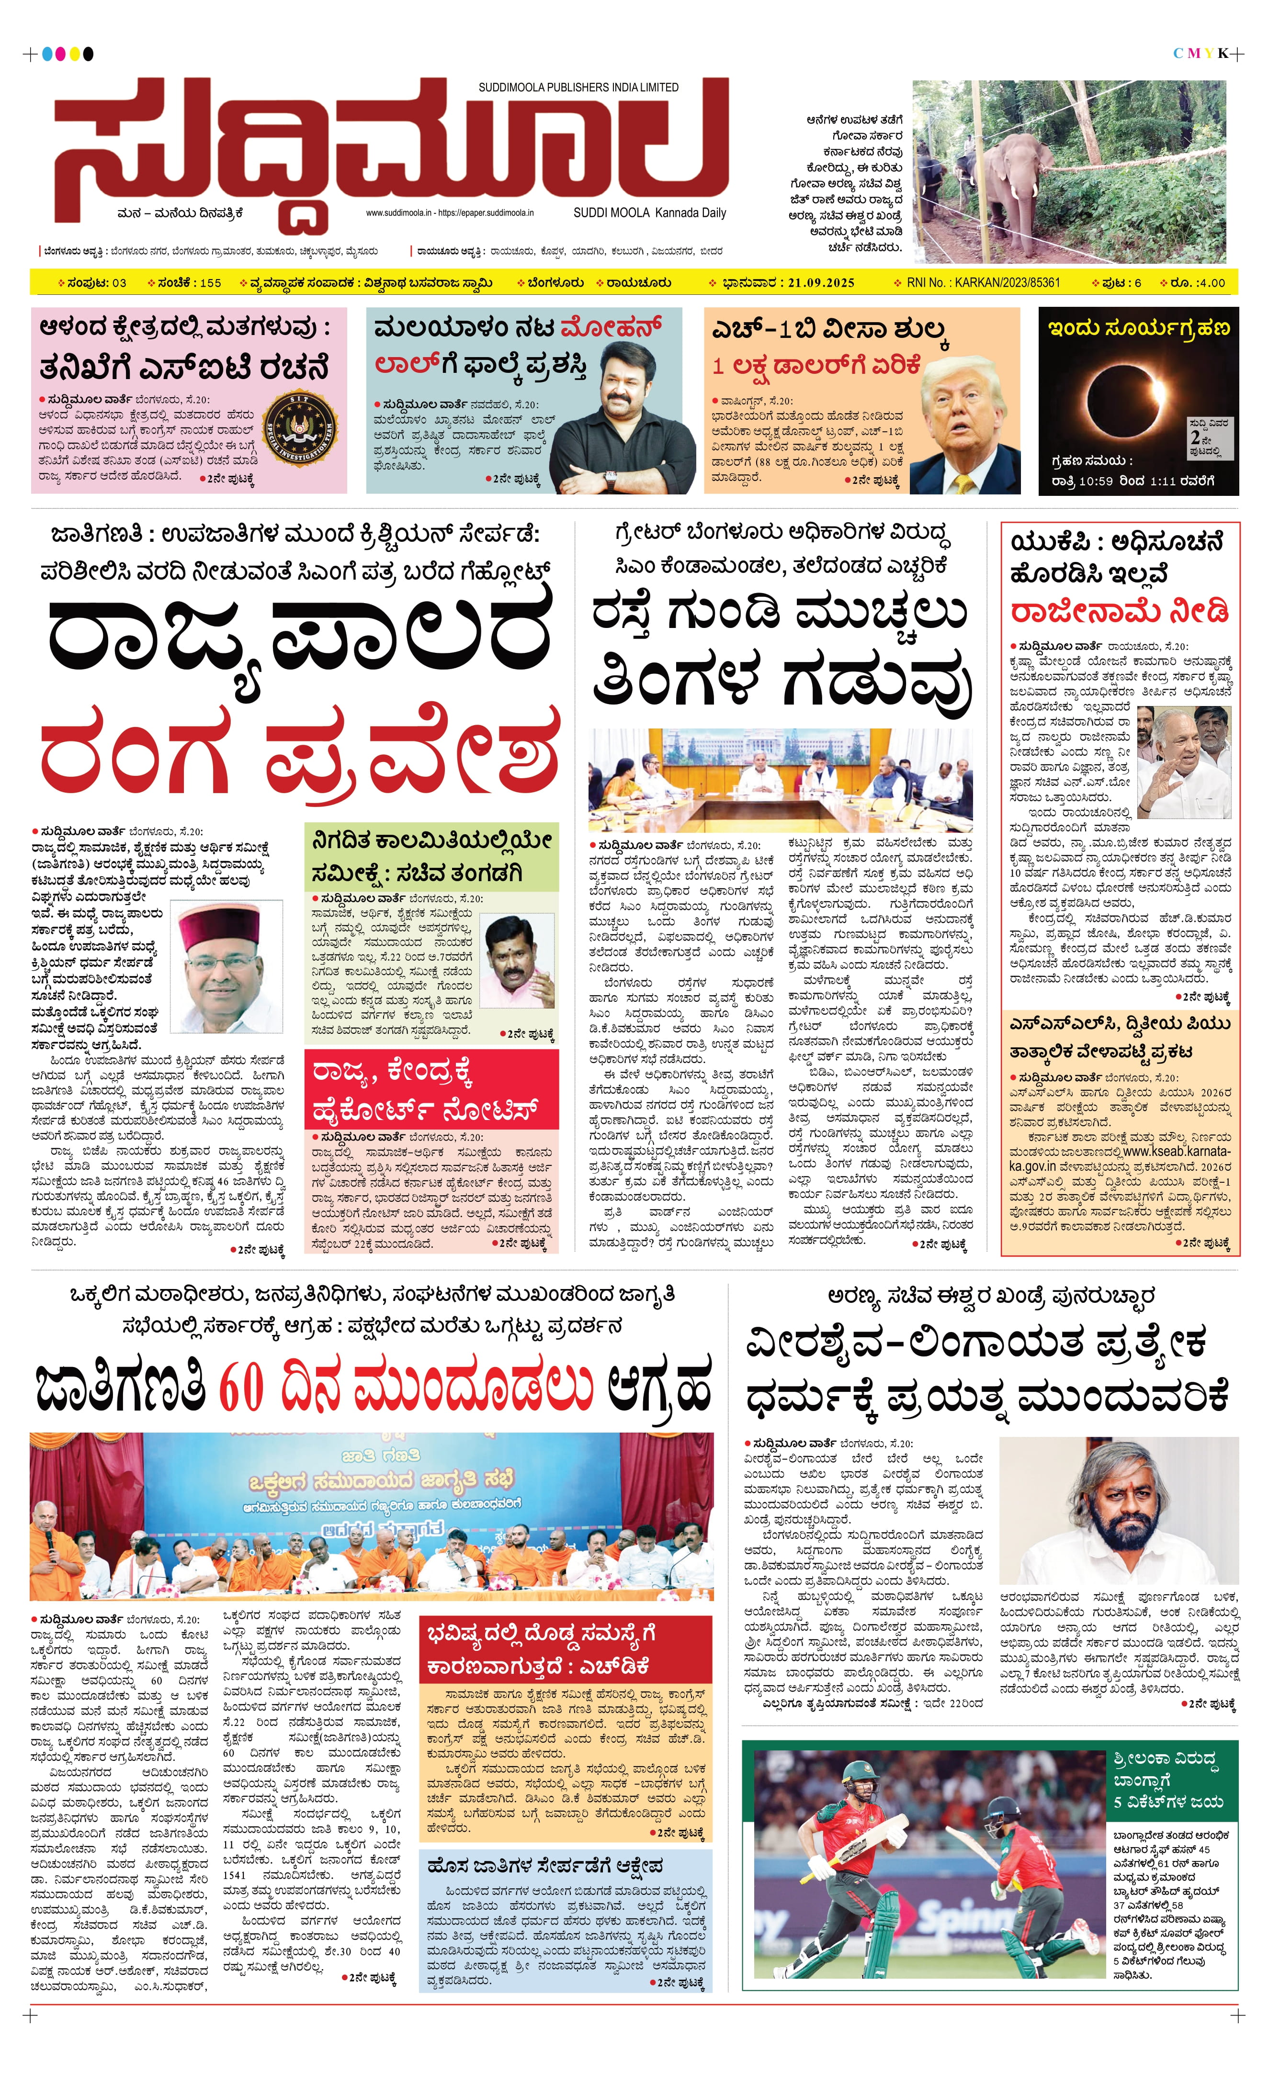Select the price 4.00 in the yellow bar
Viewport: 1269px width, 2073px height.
coord(1211,283)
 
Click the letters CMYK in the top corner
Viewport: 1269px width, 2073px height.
coord(1201,54)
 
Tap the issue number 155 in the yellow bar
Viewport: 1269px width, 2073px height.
coord(210,283)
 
